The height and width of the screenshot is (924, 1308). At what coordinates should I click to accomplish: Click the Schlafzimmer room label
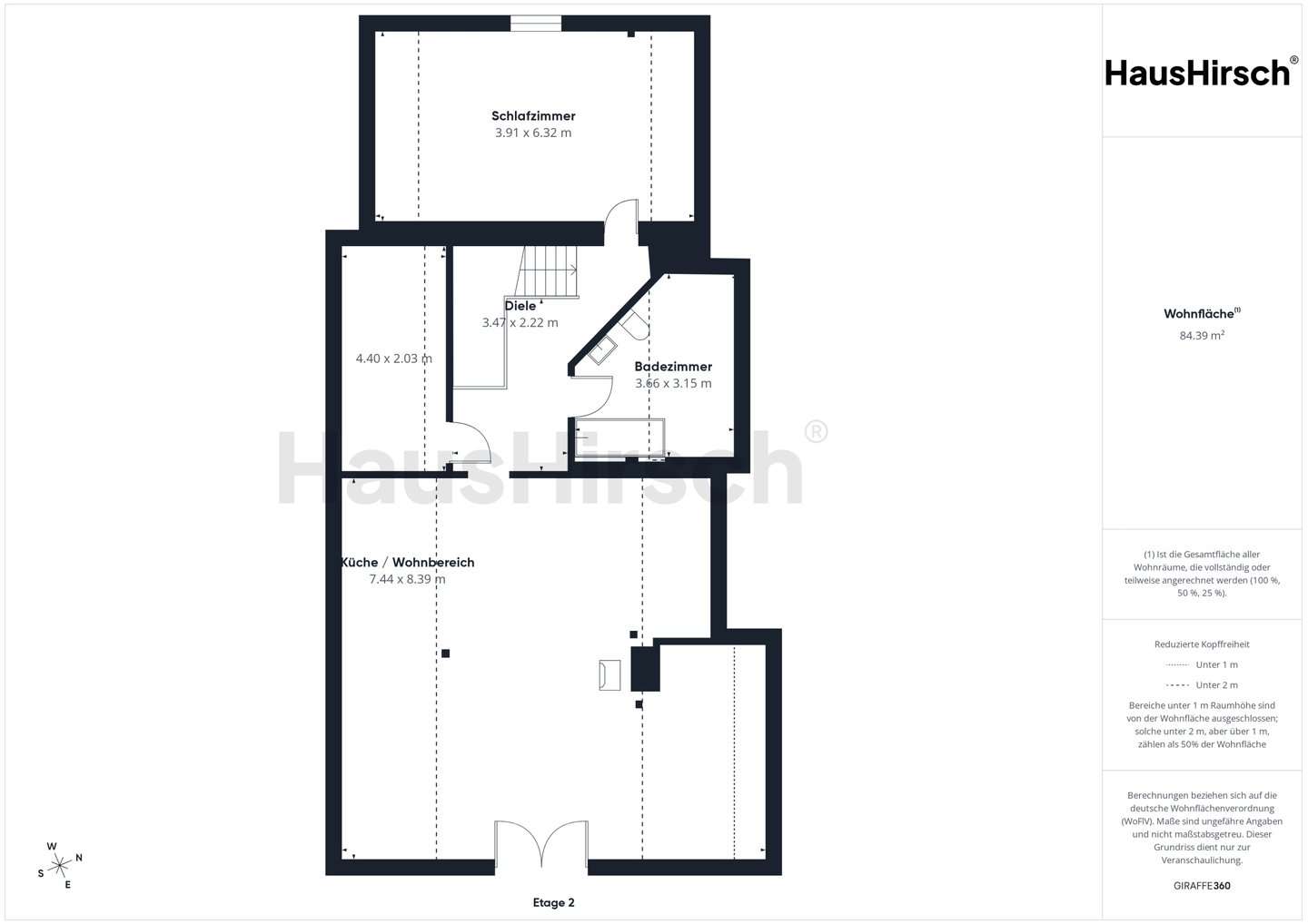click(x=533, y=116)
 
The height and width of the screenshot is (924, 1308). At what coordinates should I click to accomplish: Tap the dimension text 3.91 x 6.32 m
click(x=533, y=133)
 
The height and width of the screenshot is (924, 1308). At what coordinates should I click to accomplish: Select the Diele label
click(x=520, y=306)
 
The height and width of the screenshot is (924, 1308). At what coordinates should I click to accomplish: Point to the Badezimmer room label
click(x=673, y=367)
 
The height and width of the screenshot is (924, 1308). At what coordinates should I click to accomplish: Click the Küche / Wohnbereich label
click(x=408, y=563)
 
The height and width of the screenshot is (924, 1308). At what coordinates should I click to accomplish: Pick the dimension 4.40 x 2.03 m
click(x=394, y=359)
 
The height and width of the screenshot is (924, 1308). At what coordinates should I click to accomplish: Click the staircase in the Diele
click(x=547, y=271)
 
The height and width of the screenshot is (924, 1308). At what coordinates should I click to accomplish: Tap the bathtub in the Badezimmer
click(x=619, y=437)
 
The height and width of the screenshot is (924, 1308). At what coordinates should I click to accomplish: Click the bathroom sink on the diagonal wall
click(x=602, y=350)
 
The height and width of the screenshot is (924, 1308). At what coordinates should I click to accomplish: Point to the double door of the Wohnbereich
click(x=541, y=843)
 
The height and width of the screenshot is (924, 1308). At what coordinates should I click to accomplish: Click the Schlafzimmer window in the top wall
click(x=536, y=24)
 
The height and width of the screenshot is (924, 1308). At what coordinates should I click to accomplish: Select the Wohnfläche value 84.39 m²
click(x=1202, y=336)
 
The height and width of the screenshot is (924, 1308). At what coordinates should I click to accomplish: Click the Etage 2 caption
click(x=553, y=902)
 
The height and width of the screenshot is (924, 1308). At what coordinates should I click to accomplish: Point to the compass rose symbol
click(x=60, y=865)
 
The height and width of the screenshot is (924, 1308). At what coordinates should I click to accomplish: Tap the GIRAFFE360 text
click(x=1202, y=886)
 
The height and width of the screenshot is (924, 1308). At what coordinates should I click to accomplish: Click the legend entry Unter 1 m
click(x=1202, y=664)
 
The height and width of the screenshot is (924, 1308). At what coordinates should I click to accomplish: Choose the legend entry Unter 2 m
click(x=1202, y=685)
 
